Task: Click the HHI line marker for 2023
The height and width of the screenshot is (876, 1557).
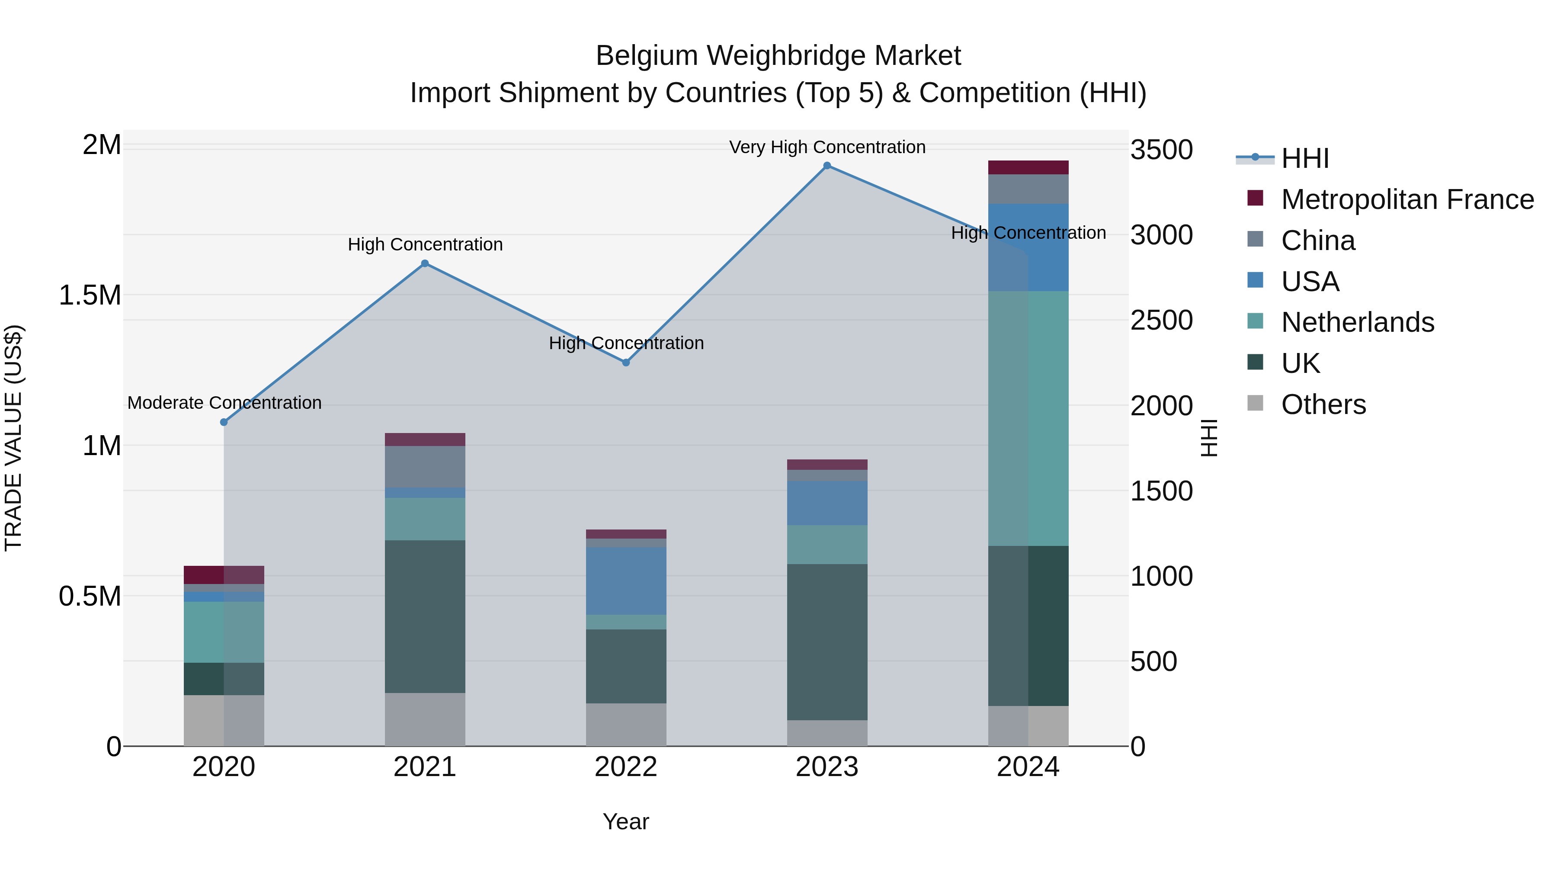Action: [827, 166]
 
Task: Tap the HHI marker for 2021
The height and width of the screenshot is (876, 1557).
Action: [425, 263]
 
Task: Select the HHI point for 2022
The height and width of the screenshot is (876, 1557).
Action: [626, 363]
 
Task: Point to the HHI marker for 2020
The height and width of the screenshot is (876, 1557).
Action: [224, 422]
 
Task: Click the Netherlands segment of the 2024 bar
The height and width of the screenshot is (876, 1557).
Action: [1028, 418]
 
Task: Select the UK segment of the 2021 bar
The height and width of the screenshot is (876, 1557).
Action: [425, 616]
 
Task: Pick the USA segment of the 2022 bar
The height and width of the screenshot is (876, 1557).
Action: [626, 581]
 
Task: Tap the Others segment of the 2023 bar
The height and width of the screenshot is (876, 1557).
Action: [827, 733]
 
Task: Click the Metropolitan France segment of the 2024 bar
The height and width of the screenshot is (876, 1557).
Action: [1028, 167]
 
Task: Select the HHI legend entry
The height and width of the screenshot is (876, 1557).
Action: [1304, 158]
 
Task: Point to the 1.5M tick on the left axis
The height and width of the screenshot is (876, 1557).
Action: [90, 295]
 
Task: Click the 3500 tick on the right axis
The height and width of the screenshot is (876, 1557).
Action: [1161, 150]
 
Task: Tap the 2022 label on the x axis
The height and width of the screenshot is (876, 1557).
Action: [626, 767]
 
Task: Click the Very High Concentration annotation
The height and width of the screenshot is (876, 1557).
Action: [827, 147]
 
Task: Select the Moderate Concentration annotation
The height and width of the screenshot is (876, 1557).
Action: [224, 403]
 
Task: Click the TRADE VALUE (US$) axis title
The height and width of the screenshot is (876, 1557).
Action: [13, 438]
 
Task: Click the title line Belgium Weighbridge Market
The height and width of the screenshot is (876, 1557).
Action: [778, 56]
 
